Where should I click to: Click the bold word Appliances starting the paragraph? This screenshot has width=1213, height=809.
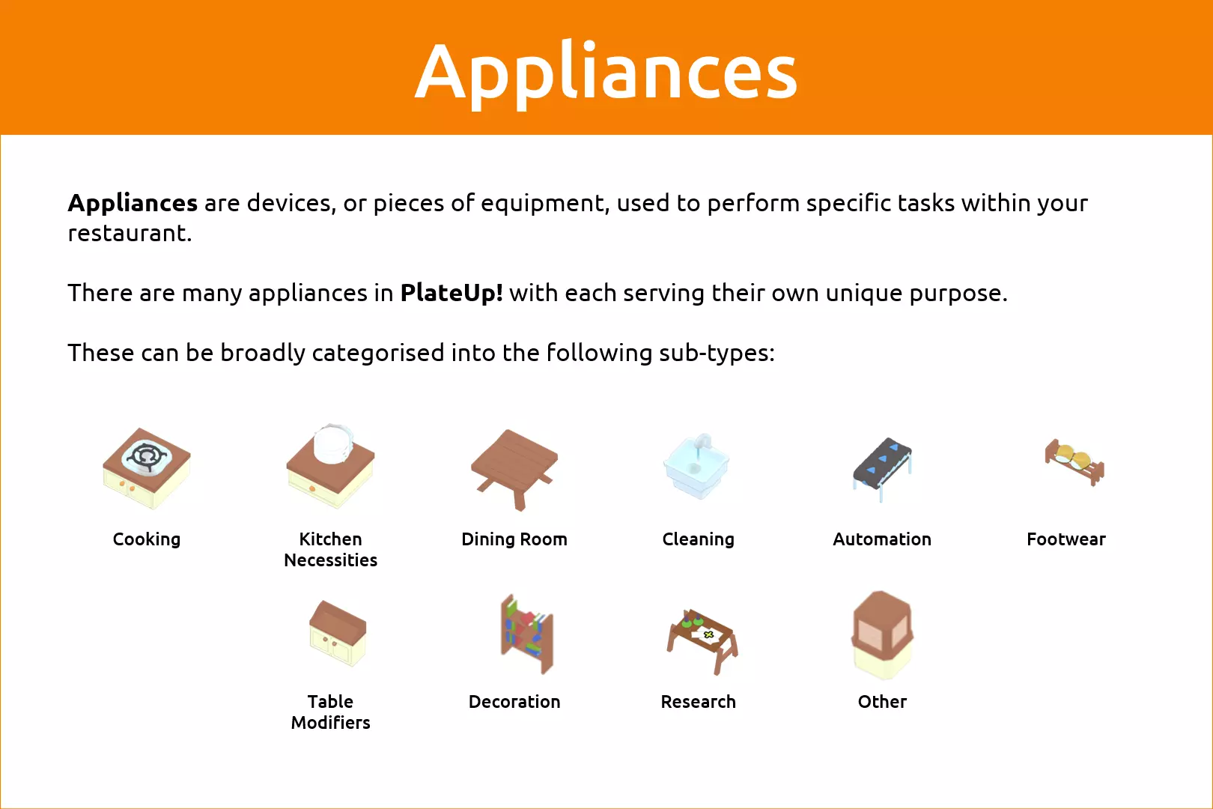[x=133, y=203]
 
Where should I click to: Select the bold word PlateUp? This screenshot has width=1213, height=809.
[x=452, y=293]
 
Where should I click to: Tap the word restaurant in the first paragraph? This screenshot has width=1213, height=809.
[x=130, y=234]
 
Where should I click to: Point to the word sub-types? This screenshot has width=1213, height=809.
[x=717, y=353]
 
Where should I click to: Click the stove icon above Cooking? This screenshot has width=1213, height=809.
[x=146, y=468]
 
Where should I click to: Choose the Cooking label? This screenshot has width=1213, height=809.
[x=146, y=539]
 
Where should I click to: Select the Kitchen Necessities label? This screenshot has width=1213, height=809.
[x=330, y=550]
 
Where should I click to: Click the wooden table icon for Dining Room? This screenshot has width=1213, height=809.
[x=514, y=469]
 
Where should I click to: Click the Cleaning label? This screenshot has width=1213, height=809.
[x=698, y=539]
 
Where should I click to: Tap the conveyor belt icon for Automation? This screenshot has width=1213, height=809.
[x=882, y=469]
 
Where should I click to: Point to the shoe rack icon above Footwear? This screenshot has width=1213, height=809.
[x=1074, y=461]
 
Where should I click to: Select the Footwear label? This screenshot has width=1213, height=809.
[x=1065, y=539]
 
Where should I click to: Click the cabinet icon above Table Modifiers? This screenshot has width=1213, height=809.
[x=338, y=633]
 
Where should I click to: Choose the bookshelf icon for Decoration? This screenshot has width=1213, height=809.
[x=526, y=634]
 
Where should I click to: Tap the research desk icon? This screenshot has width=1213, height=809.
[x=702, y=641]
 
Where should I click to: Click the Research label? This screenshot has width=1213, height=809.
[x=698, y=702]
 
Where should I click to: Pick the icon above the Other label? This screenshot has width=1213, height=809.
[x=882, y=635]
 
